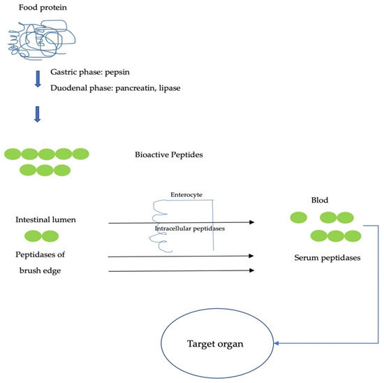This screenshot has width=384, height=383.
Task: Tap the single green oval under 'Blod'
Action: (x=298, y=218)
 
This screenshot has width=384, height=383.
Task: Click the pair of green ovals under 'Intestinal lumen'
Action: (x=38, y=237)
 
